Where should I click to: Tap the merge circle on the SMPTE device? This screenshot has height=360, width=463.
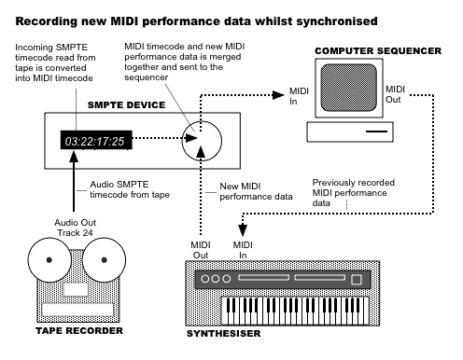pos(202,142)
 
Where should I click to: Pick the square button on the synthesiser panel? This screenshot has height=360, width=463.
pos(355,280)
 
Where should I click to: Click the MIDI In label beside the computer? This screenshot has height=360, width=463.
pos(299,94)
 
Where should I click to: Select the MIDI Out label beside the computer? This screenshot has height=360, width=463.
pos(395,93)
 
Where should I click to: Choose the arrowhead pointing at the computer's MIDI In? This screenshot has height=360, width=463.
pos(280,93)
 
